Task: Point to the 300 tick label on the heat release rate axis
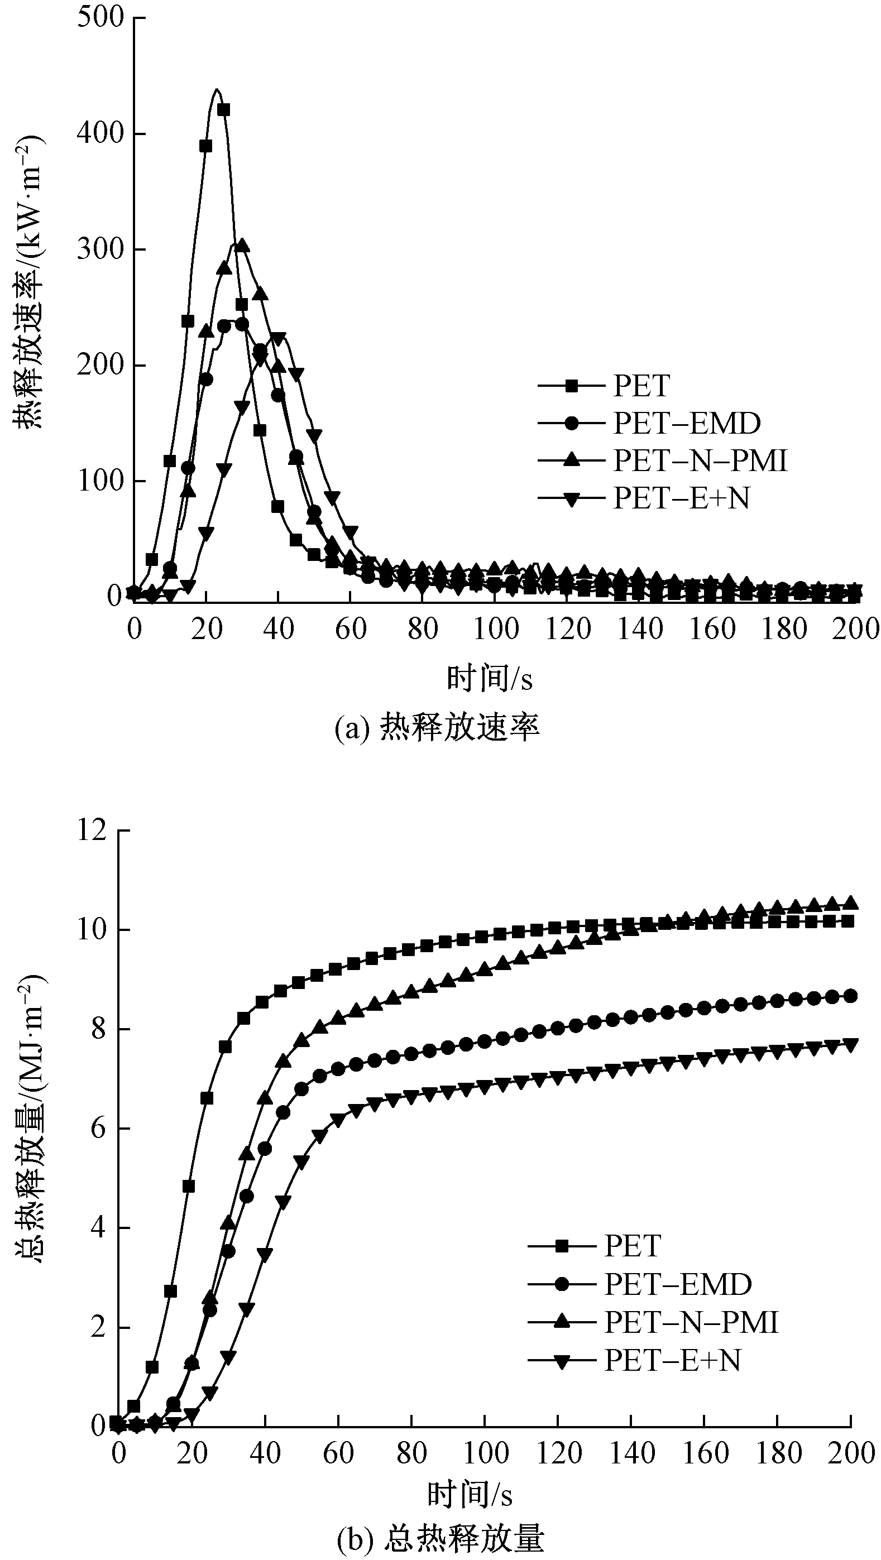pos(100,249)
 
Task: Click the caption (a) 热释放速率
pos(437,728)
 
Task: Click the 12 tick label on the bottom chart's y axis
pos(92,831)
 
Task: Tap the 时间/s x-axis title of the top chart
pos(490,679)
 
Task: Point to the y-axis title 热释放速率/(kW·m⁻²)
pos(29,283)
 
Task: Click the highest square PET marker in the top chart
pos(223,109)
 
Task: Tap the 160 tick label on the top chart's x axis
pos(712,630)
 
